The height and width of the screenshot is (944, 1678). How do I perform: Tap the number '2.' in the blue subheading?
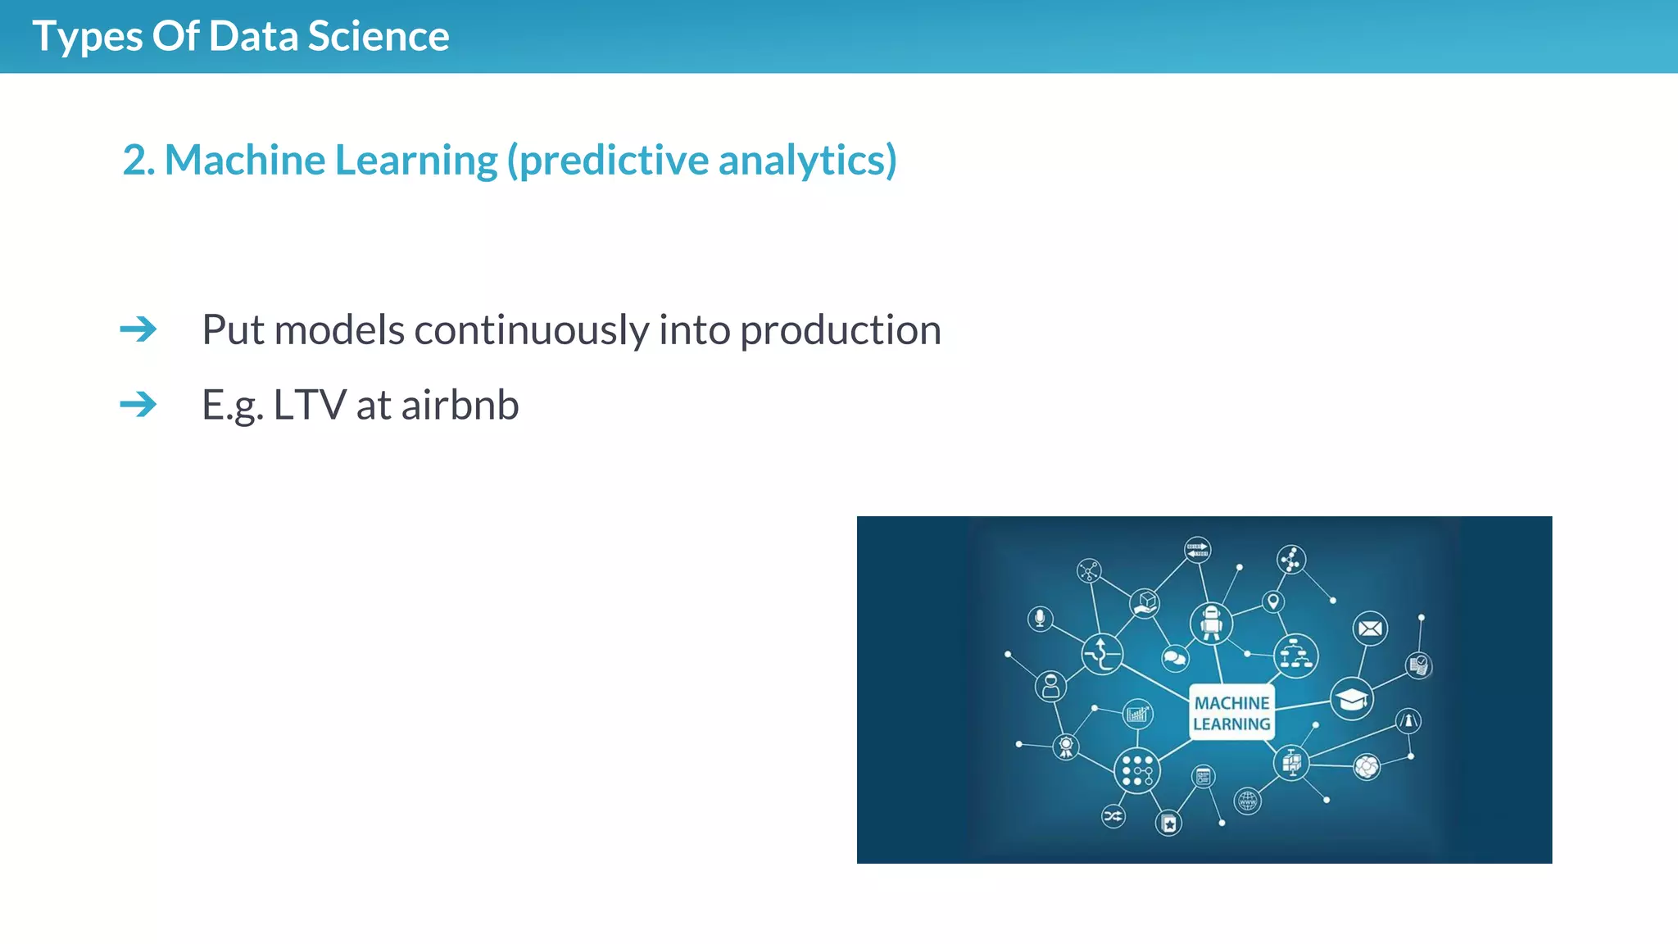pyautogui.click(x=138, y=160)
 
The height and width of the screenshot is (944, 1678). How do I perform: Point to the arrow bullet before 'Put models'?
pyautogui.click(x=138, y=329)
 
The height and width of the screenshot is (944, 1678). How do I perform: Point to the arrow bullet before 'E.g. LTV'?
pyautogui.click(x=138, y=404)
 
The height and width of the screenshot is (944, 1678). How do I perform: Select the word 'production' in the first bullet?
pyautogui.click(x=840, y=330)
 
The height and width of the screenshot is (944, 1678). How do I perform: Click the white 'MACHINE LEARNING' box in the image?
pyautogui.click(x=1231, y=713)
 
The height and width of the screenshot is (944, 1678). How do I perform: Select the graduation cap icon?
pyautogui.click(x=1352, y=699)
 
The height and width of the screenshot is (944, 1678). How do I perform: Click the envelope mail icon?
pyautogui.click(x=1370, y=629)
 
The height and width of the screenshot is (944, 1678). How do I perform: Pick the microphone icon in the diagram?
pyautogui.click(x=1040, y=618)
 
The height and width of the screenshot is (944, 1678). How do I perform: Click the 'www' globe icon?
pyautogui.click(x=1247, y=800)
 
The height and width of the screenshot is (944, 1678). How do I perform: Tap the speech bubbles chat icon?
pyautogui.click(x=1175, y=657)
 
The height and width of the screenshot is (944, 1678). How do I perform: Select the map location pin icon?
pyautogui.click(x=1272, y=602)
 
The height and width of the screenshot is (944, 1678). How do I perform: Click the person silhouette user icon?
pyautogui.click(x=1050, y=686)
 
